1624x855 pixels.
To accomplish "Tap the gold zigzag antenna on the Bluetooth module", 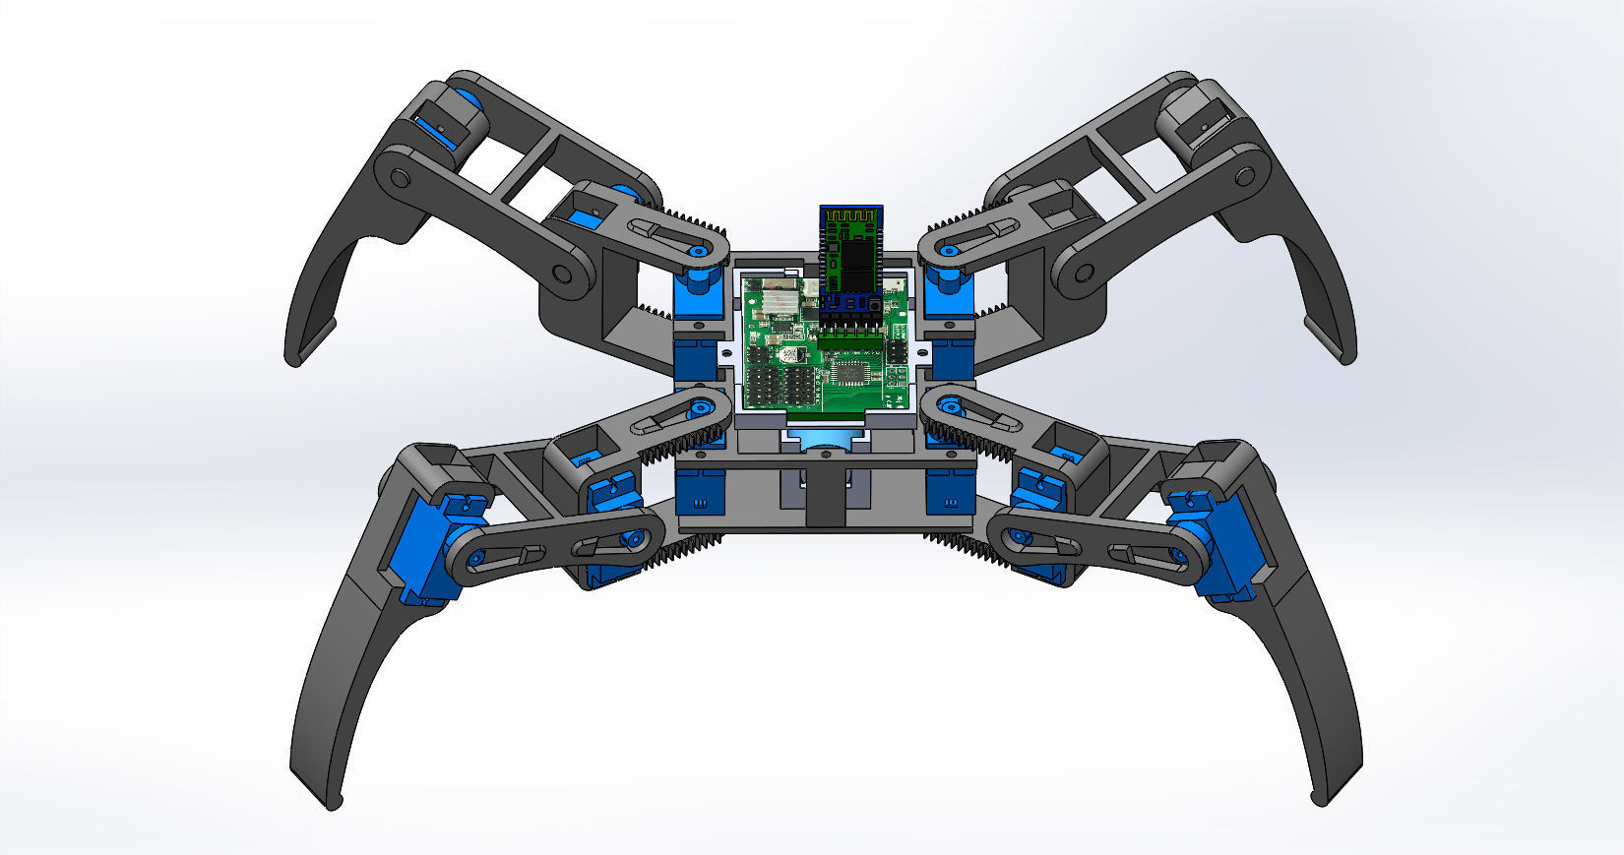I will click(852, 214).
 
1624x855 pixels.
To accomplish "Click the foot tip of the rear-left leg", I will click(293, 358).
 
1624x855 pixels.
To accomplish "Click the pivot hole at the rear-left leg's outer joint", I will click(399, 178).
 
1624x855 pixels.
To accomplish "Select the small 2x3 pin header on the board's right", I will click(897, 350).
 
